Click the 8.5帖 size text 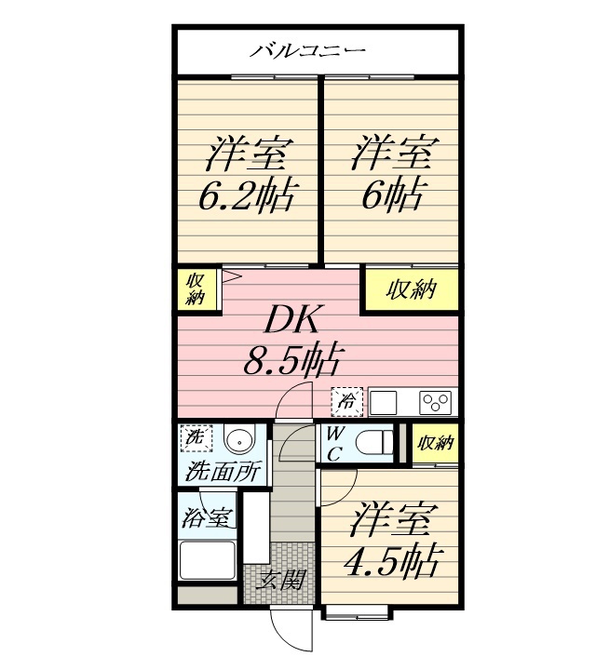290,359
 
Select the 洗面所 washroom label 223,471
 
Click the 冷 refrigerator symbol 346,402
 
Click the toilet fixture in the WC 376,442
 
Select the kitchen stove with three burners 436,403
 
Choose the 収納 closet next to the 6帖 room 411,289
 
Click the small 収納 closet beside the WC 435,444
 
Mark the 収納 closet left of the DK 196,289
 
